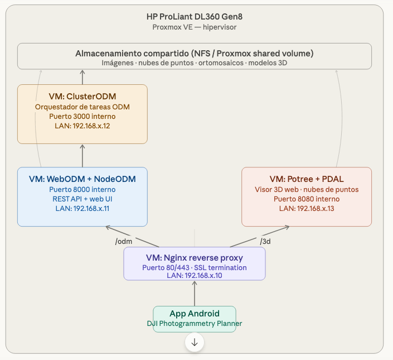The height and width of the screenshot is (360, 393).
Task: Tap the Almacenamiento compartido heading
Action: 195,53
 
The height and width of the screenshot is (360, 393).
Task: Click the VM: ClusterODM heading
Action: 83,96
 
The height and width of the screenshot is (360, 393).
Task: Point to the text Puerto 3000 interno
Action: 83,116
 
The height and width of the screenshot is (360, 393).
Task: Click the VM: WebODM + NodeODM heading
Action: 83,179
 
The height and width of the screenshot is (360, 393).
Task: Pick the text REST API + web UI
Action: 83,199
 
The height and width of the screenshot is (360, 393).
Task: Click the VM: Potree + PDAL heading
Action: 307,179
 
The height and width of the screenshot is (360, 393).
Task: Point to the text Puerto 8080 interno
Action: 307,199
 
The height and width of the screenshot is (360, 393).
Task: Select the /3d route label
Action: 267,241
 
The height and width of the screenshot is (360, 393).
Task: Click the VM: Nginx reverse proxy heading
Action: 195,258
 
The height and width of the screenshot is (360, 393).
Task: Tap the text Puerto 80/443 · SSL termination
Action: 195,267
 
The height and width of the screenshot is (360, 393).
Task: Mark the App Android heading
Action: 195,314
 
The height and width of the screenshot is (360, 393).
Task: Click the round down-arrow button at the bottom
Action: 195,342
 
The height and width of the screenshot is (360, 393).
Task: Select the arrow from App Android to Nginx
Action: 195,293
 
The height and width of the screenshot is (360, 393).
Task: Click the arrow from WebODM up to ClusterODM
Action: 83,155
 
